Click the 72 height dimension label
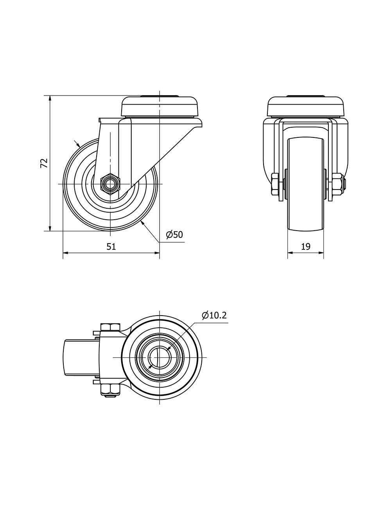(x=44, y=163)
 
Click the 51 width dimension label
(x=111, y=246)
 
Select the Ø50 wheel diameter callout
(x=174, y=235)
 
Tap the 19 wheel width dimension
(x=306, y=246)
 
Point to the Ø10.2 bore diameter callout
(x=214, y=316)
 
